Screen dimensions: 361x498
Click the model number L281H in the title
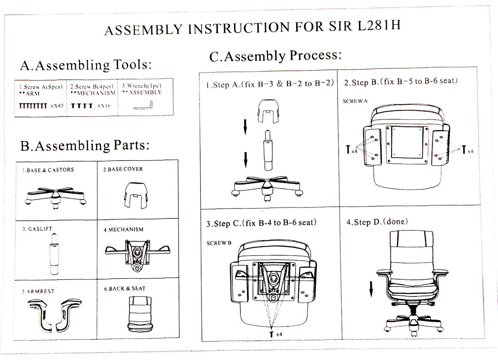pos(379,26)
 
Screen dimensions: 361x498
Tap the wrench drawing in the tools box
pos(143,106)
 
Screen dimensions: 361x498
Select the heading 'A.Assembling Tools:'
pos(86,65)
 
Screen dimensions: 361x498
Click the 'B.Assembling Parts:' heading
pos(85,146)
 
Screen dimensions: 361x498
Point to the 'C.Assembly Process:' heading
pos(275,56)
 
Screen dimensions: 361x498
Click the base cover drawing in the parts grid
pos(136,195)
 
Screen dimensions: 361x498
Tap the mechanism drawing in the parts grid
pos(137,254)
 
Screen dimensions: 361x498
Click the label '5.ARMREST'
pos(38,292)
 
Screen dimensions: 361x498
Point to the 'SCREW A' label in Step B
pos(355,101)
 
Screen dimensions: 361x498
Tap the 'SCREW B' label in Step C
pos(219,243)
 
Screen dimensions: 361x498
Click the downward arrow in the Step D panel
pos(371,289)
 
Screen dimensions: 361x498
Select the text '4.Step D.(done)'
pos(377,222)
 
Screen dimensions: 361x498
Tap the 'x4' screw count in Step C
pos(279,334)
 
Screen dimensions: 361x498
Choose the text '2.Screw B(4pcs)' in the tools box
pos(92,86)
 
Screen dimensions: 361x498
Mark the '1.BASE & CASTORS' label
pos(48,170)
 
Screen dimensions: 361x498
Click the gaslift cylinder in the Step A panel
pos(268,150)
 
